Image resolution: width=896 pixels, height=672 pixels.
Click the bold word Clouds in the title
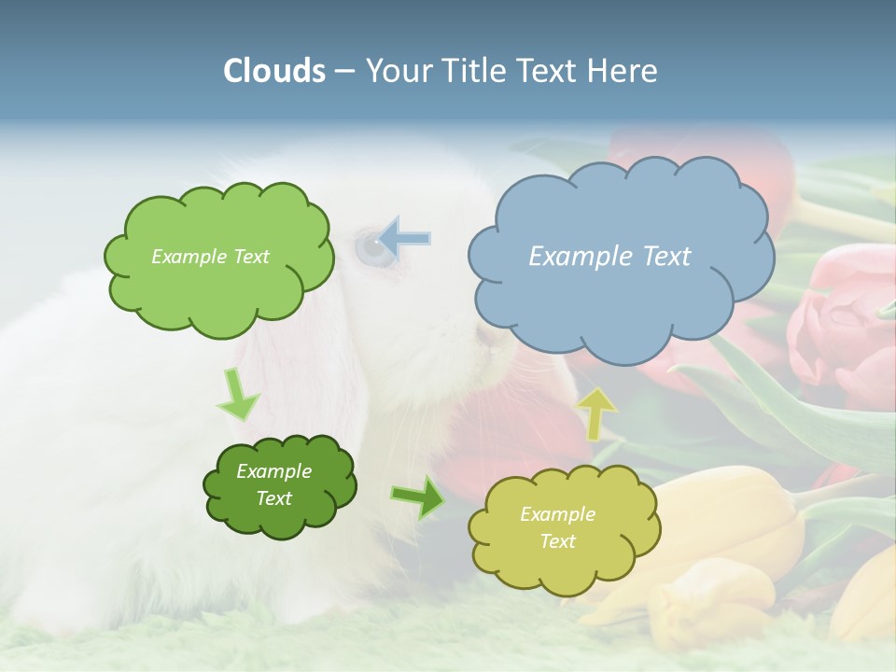[273, 71]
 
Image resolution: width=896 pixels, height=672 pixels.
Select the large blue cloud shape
[620, 299]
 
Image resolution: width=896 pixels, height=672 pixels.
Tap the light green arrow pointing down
[237, 394]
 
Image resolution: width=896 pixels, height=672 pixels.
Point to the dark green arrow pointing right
[417, 497]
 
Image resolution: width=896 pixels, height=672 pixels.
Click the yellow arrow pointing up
[597, 412]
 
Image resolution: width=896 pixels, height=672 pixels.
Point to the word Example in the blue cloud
[573, 257]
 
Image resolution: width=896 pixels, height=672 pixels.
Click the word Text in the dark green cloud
[274, 498]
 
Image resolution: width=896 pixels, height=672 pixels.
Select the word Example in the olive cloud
[557, 514]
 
